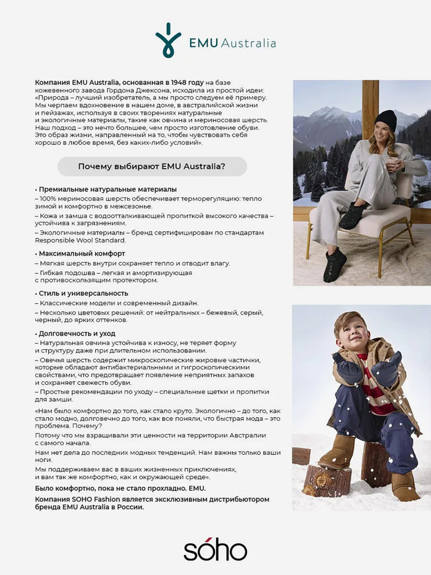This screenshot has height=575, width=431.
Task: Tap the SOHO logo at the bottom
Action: [x=215, y=550]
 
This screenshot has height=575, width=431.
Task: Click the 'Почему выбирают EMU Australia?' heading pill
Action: [x=152, y=167]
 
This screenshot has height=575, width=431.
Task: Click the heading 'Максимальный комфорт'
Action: [x=82, y=254]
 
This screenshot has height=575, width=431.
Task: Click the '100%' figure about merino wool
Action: [x=48, y=199]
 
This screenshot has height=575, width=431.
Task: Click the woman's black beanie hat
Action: [x=386, y=120]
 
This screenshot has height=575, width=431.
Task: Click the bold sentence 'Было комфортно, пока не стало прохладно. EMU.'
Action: [x=120, y=489]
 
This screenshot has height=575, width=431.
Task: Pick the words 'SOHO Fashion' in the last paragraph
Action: [x=95, y=499]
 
